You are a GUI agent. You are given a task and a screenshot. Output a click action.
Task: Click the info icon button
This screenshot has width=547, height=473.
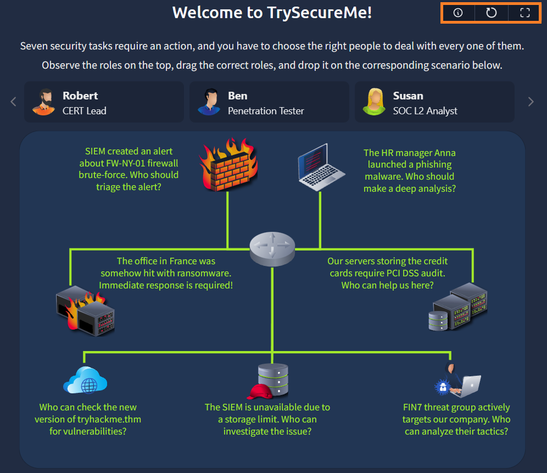coord(457,13)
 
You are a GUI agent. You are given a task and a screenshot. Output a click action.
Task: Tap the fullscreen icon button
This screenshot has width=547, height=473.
coord(525,13)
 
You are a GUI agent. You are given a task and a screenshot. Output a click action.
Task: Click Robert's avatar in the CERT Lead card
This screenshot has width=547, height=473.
coord(43,102)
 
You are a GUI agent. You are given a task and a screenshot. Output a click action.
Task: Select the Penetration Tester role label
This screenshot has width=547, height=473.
coord(266,110)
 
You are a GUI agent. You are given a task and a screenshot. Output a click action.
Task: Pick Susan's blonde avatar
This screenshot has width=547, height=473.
coord(374,102)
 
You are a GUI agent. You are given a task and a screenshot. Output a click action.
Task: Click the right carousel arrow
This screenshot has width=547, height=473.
coord(531,102)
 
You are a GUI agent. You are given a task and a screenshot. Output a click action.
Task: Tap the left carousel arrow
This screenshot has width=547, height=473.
coord(14,102)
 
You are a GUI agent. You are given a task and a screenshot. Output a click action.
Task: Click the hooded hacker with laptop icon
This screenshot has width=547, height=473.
coord(457,380)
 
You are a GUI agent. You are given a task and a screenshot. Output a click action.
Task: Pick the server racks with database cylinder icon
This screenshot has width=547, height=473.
coord(458,307)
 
